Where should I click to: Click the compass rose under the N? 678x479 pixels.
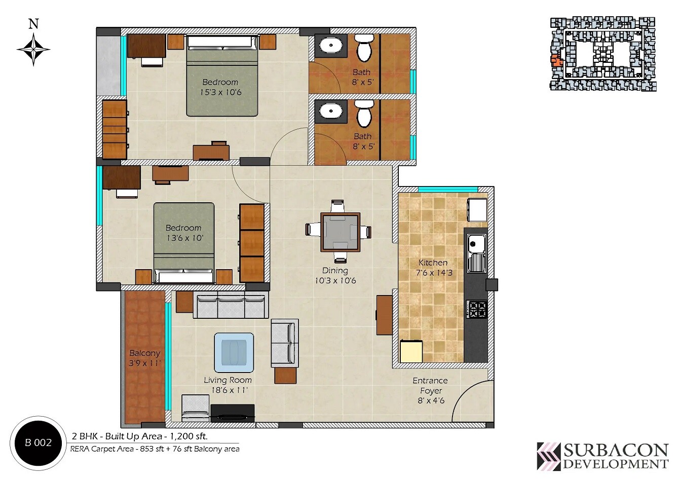tap(33, 50)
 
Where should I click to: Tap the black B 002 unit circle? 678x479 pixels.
tap(39, 443)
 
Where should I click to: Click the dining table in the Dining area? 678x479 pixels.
tap(340, 232)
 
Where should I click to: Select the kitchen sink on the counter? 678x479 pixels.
tap(476, 253)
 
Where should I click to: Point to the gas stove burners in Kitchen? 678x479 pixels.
tap(476, 309)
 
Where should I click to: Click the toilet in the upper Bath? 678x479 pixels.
tap(363, 47)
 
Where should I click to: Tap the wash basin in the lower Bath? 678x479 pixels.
tap(331, 110)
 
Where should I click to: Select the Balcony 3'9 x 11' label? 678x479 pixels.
tap(144, 358)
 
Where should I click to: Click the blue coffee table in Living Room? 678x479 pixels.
tap(234, 352)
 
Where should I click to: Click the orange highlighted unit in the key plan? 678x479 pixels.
tap(556, 61)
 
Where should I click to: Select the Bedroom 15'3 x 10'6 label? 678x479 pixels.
tap(220, 87)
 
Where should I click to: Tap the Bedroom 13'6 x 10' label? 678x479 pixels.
tap(183, 233)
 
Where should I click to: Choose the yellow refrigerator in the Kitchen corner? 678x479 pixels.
tap(411, 351)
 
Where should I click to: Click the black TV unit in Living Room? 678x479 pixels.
tap(233, 413)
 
